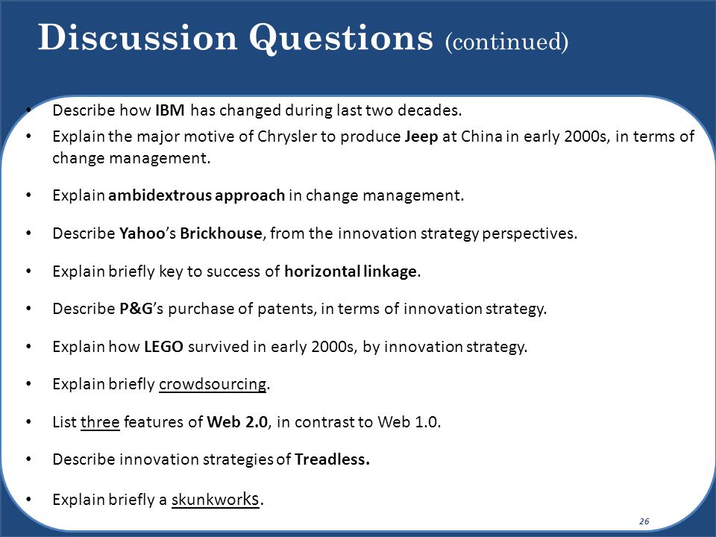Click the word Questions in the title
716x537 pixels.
341,38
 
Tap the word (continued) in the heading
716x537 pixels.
507,42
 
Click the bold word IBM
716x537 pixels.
170,110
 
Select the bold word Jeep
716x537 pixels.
421,137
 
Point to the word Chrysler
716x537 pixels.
286,137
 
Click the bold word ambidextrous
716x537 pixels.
160,195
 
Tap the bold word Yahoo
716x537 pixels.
142,233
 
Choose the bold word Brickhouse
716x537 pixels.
221,233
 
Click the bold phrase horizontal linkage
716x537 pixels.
351,271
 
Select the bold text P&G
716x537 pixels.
136,309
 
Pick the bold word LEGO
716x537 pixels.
163,347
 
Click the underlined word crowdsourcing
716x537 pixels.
213,385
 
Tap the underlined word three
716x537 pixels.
100,422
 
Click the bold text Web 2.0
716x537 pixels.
237,422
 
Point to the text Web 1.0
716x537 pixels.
408,422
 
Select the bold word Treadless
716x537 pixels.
332,459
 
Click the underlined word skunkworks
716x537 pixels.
216,500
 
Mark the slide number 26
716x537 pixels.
644,521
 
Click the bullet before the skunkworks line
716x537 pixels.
29,500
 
